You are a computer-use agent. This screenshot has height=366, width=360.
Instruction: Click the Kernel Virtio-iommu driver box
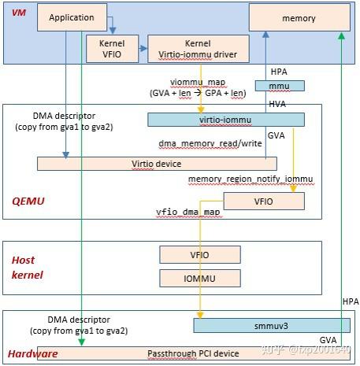(199, 49)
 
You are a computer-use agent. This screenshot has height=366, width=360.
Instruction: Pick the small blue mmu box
(279, 85)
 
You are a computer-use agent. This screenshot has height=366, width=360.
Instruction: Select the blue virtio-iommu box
(225, 119)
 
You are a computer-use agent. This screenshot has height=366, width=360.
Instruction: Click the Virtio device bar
(156, 163)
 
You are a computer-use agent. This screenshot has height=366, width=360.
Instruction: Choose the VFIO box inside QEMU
(264, 201)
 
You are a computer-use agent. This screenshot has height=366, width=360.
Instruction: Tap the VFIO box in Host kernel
(199, 254)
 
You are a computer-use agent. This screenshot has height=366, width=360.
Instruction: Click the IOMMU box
(199, 278)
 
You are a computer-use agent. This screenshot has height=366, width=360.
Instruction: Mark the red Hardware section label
(33, 353)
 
